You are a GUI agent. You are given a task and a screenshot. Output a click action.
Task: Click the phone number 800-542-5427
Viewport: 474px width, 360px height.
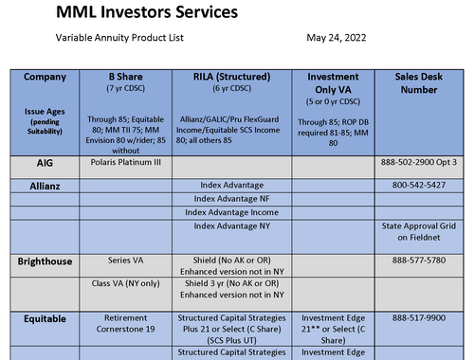pos(418,185)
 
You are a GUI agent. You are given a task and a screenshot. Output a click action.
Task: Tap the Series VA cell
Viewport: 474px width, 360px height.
pos(125,259)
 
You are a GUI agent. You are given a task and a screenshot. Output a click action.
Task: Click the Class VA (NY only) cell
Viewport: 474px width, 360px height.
pos(125,285)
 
